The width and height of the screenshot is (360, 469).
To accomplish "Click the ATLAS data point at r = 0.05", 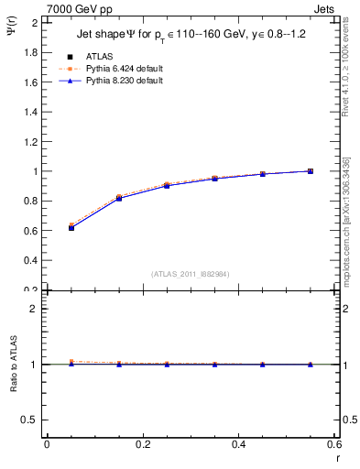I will pos(71,227).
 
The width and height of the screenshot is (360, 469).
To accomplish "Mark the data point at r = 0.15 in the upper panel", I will pos(119,198).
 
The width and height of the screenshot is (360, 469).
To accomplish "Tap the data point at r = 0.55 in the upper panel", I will pos(311,171).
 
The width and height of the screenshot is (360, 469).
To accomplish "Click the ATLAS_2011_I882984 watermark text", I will pos(191,274).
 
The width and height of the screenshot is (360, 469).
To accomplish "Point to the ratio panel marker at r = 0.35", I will pos(214,365).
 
